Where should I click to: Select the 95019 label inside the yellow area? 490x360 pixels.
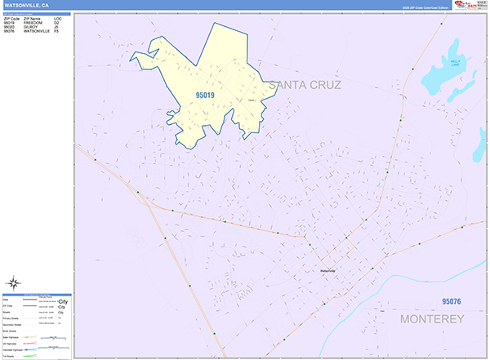point(205,95)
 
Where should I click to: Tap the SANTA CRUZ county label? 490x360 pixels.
point(314,85)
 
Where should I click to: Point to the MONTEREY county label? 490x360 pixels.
point(432,318)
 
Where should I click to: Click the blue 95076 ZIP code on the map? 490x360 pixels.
point(446,302)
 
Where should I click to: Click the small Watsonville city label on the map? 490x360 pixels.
point(327,270)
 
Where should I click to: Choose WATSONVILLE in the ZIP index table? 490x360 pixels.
point(38,31)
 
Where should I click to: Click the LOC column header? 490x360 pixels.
point(57,17)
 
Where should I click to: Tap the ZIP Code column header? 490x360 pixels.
point(11,17)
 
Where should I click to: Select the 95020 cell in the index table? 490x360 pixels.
point(9,26)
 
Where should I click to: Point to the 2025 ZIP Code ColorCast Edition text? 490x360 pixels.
point(420,8)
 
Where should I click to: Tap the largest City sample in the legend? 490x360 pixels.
point(61,301)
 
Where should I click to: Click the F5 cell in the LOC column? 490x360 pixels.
point(57,31)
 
